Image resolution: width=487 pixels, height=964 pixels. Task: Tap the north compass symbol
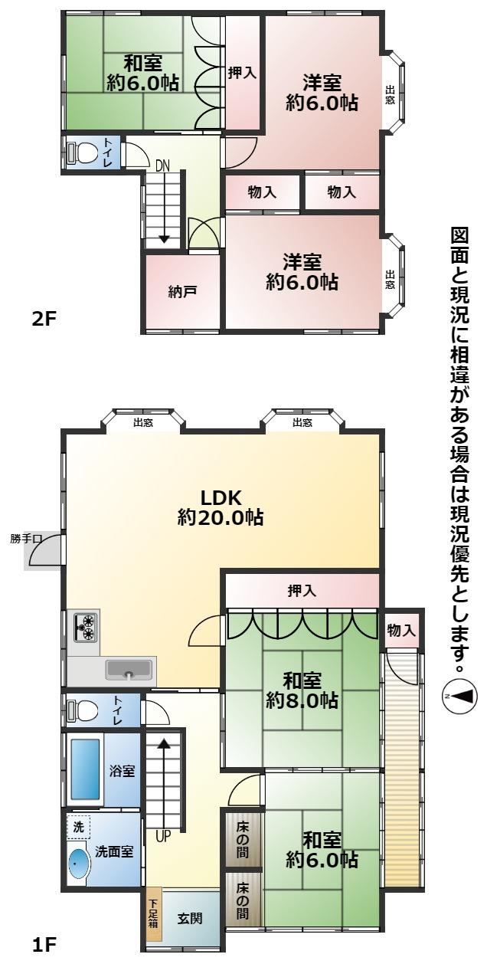[x=459, y=696]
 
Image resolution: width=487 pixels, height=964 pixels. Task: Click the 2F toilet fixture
[x=83, y=152]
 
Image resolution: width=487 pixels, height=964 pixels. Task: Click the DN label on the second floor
[x=162, y=166]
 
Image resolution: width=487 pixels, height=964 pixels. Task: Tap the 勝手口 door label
[x=26, y=539]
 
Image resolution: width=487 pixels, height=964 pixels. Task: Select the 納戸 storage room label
[x=182, y=292]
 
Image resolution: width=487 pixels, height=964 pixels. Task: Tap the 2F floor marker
[x=44, y=320]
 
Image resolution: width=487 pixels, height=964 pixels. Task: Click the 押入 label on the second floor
[x=242, y=73]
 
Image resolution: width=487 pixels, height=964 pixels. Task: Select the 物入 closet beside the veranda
[x=401, y=631]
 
